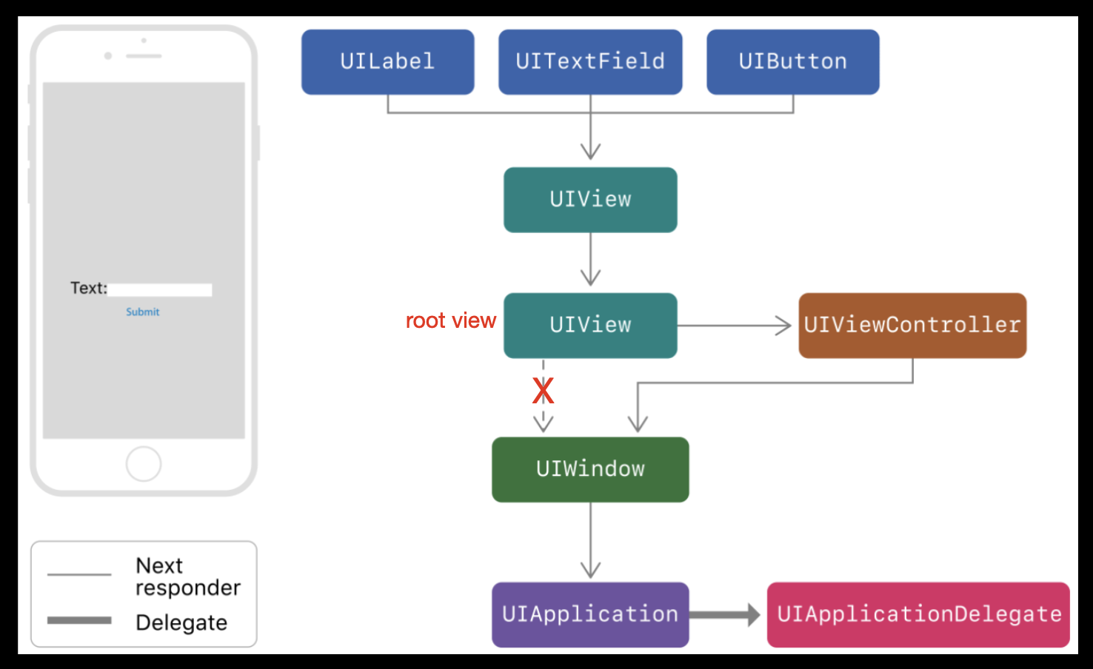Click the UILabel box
(x=387, y=62)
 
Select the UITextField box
(x=590, y=62)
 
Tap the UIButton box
(x=792, y=62)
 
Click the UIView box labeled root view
(x=590, y=326)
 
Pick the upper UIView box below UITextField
(x=590, y=200)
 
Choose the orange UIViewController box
(x=912, y=326)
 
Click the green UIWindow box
(x=590, y=469)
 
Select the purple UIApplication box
(x=590, y=614)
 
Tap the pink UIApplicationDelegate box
(x=918, y=614)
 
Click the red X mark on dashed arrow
(x=543, y=391)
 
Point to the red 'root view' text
(x=450, y=320)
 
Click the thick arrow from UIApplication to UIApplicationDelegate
(x=724, y=614)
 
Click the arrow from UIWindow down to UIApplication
(x=590, y=540)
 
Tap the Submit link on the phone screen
(x=142, y=312)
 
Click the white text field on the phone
(x=160, y=289)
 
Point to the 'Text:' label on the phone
(x=88, y=288)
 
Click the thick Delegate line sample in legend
(x=79, y=620)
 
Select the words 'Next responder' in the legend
(x=187, y=576)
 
